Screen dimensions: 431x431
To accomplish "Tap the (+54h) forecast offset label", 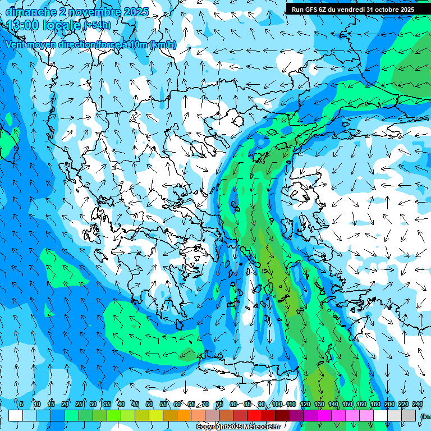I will pyautogui.click(x=97, y=25).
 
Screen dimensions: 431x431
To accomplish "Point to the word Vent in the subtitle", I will pyautogui.click(x=16, y=45).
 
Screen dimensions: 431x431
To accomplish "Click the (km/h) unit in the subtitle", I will pyautogui.click(x=163, y=45).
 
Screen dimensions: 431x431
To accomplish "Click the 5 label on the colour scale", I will pyautogui.click(x=21, y=405).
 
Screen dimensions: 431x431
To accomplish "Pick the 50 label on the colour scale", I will pyautogui.click(x=149, y=405).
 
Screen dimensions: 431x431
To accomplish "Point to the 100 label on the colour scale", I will pyautogui.click(x=277, y=405).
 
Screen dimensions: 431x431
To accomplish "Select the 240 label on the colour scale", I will pyautogui.click(x=417, y=405).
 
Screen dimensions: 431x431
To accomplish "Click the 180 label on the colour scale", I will pyautogui.click(x=375, y=405).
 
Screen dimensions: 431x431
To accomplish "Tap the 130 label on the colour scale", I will pyautogui.click(x=319, y=405).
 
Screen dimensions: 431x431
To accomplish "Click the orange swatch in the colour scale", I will pyautogui.click(x=185, y=415).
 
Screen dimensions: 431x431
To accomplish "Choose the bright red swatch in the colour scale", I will pyautogui.click(x=255, y=415).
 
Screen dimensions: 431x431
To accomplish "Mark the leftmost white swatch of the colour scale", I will pyautogui.click(x=16, y=415).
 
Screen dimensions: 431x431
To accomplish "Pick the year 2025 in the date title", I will pyautogui.click(x=135, y=12).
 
